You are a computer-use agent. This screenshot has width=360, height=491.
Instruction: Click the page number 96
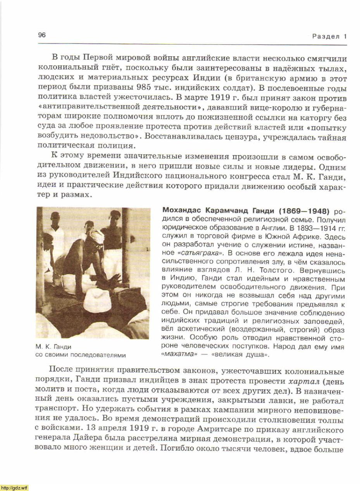[x=42, y=35]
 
